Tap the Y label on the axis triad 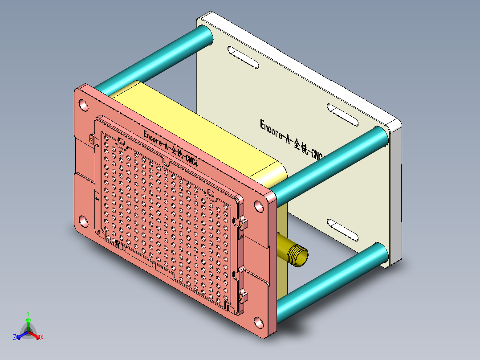tap(28, 313)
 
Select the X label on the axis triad tap(42, 337)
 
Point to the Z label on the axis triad tap(15, 337)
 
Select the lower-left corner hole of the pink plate tap(83, 220)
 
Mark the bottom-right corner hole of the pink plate tap(258, 322)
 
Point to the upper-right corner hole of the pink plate tap(258, 206)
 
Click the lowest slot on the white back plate tap(343, 230)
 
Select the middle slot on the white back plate tap(343, 115)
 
